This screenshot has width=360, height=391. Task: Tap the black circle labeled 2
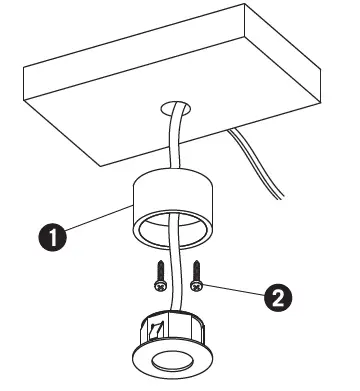pyautogui.click(x=279, y=297)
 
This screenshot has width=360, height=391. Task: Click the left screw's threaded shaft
pyautogui.click(x=161, y=269)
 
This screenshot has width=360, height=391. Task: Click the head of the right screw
pyautogui.click(x=197, y=286)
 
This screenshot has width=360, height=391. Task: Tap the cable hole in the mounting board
pyautogui.click(x=178, y=103)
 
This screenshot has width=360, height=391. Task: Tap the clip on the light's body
pyautogui.click(x=157, y=326)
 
